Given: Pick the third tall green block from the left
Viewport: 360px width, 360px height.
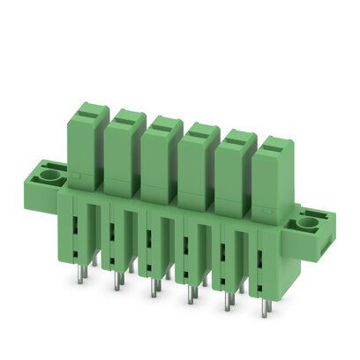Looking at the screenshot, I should coord(159,161).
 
